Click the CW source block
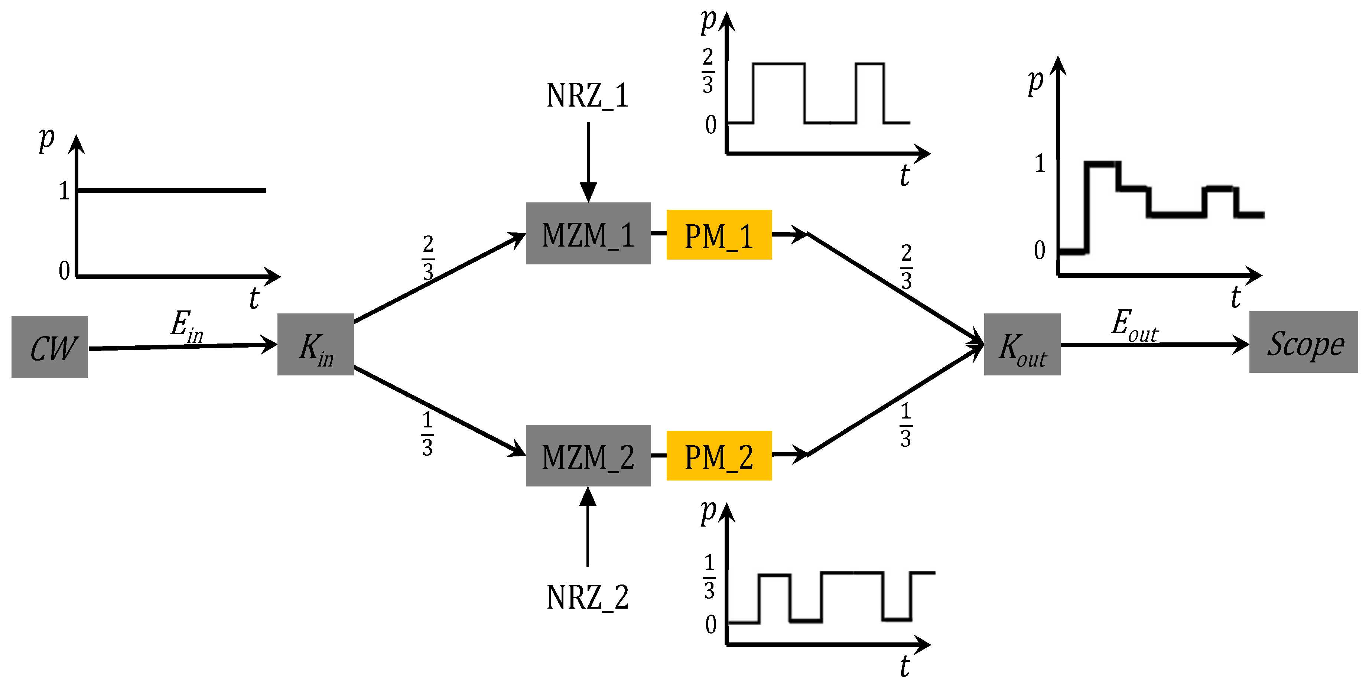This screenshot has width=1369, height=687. coord(49,347)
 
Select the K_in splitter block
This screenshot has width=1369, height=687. coord(315,344)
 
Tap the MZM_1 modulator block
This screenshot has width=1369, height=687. coord(588,233)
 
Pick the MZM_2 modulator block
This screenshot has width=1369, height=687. coord(588,455)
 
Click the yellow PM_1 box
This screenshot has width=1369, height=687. coord(719,235)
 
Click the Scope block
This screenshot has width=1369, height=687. coord(1303,342)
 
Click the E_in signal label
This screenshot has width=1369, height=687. coord(186,325)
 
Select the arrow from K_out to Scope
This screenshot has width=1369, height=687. coord(1153,345)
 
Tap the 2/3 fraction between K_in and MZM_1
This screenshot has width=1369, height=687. coord(428,258)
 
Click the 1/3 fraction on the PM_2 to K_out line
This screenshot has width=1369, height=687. coord(905,425)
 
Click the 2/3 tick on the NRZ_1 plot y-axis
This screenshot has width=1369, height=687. coord(708,71)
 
